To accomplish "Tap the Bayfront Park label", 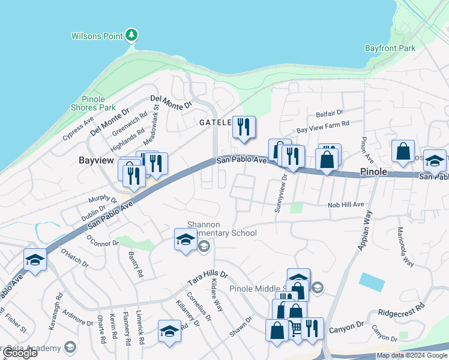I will [390, 48].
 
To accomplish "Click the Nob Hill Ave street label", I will [346, 205].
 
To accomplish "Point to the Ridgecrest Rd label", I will [402, 310].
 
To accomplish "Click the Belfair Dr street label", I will [329, 113].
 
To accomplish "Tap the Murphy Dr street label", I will [102, 199].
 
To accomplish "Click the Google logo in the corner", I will [19, 353].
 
